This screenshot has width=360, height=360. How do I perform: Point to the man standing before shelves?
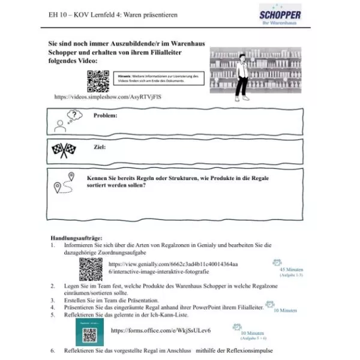click(242, 76)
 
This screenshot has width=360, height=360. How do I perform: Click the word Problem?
click(105, 115)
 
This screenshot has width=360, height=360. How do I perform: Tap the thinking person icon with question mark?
click(66, 120)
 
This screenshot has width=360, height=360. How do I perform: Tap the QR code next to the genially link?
click(91, 269)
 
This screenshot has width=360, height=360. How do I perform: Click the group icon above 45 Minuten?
click(277, 262)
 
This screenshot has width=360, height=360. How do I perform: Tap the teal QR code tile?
click(90, 331)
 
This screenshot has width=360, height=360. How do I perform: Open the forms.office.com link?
click(161, 331)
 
